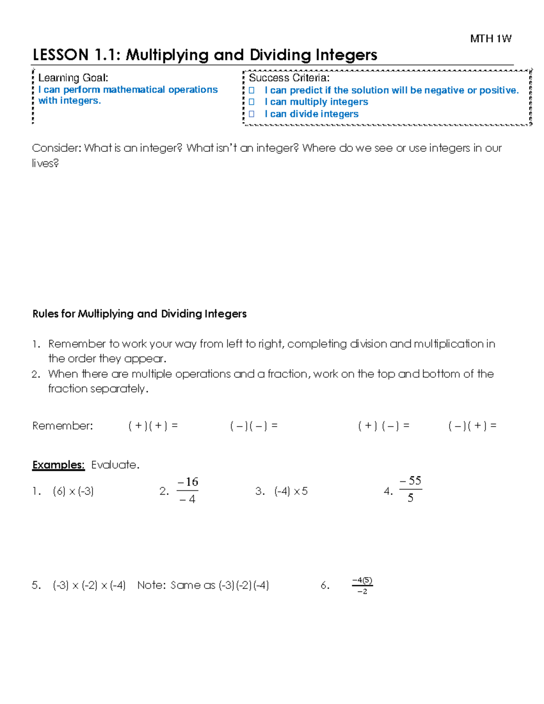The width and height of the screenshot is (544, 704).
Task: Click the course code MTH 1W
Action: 491,39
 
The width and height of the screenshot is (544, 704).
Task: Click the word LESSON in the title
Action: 60,55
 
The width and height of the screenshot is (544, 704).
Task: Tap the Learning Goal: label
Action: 73,78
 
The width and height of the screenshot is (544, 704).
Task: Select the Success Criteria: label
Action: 289,78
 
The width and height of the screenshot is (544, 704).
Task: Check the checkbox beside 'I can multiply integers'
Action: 252,102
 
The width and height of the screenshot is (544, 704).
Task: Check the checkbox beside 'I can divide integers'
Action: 252,114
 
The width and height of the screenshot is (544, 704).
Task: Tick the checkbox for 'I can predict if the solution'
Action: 252,90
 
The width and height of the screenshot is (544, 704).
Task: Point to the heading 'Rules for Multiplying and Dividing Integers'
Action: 139,314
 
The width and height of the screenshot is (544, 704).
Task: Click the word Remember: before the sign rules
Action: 63,426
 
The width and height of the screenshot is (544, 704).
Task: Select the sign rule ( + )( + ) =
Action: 153,426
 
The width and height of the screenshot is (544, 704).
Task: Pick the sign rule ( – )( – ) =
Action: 254,426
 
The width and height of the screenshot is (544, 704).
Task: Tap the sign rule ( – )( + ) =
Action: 472,426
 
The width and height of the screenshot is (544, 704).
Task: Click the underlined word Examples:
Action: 58,465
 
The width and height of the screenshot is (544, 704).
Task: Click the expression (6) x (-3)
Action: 73,491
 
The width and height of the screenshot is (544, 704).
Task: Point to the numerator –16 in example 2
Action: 188,482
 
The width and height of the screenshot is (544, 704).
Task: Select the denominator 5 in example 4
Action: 410,498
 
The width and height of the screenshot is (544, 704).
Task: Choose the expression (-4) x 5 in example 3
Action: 291,491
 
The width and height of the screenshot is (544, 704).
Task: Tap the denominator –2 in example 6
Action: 362,592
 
